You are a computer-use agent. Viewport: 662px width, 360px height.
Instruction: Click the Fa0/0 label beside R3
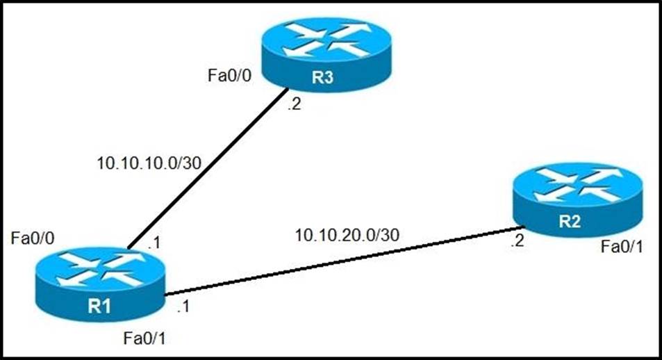[x=229, y=74]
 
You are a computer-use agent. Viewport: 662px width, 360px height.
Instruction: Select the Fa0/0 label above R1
[x=33, y=238]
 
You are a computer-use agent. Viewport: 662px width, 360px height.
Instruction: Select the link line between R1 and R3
[x=208, y=167]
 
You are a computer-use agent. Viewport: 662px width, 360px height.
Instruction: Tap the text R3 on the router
[x=322, y=77]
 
